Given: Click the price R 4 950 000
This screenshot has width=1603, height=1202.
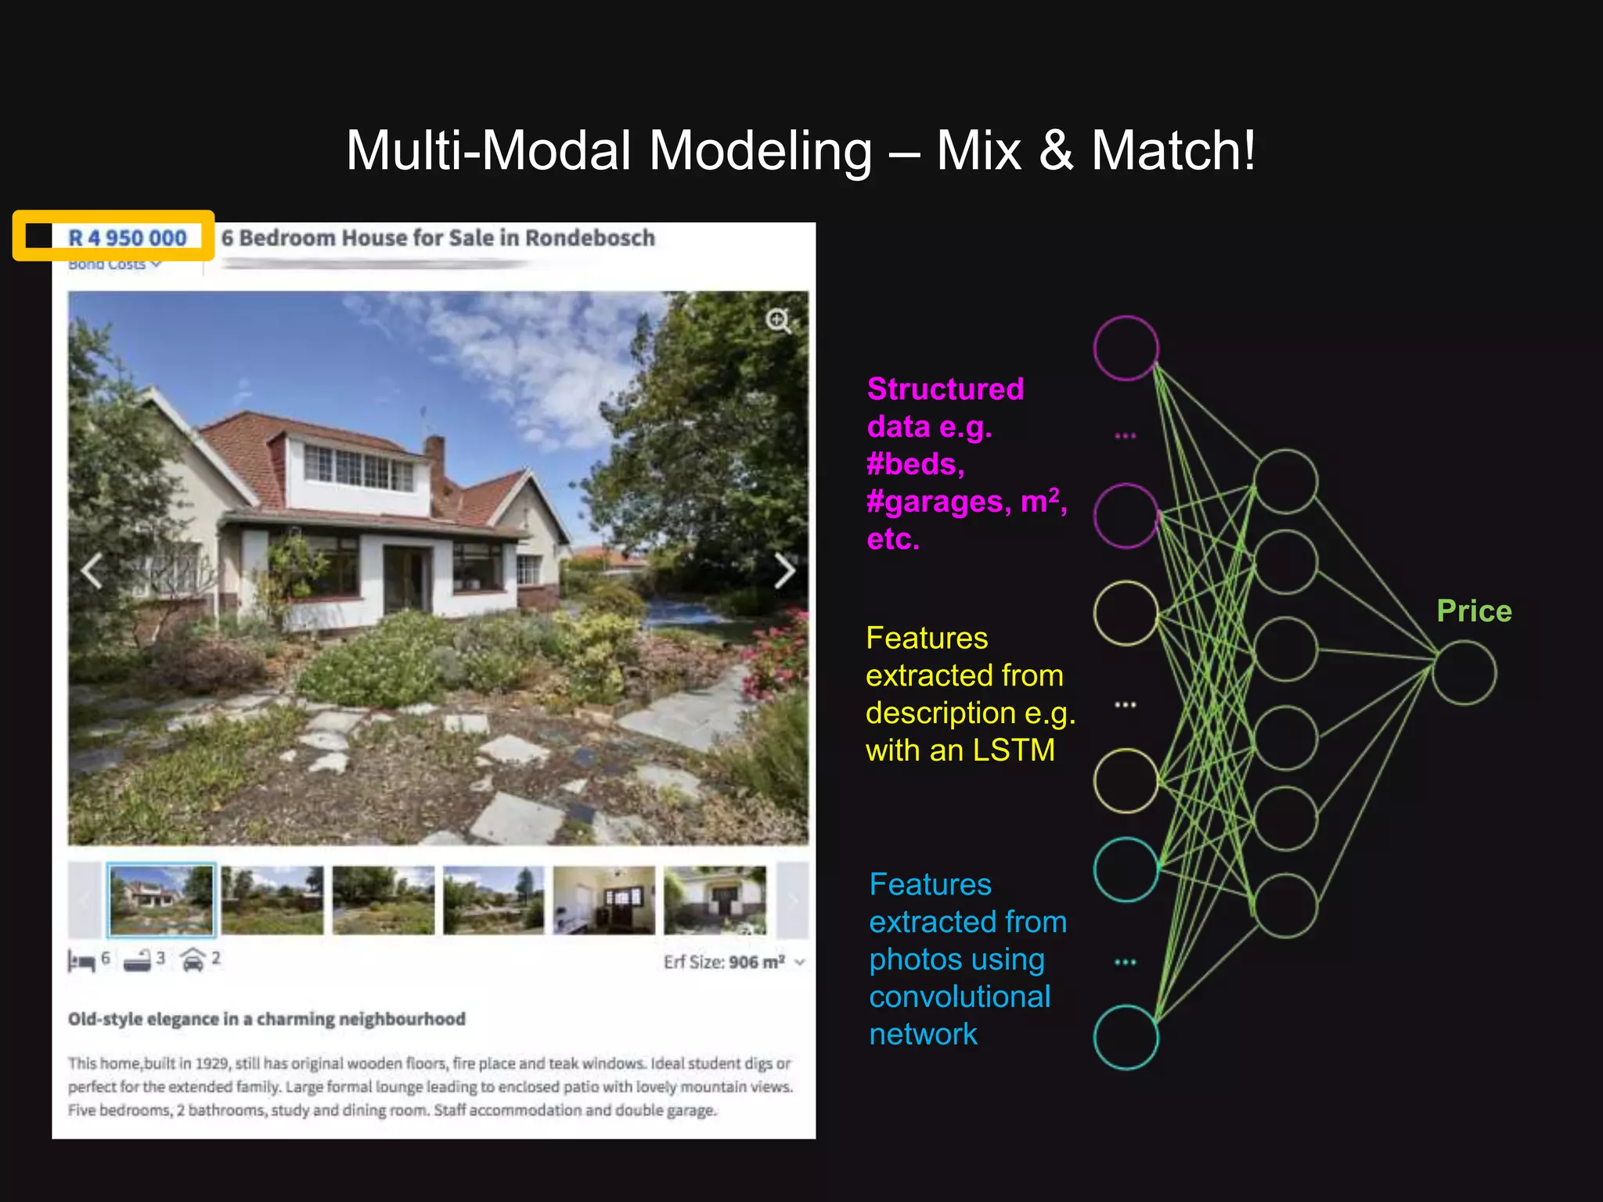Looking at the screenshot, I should [127, 238].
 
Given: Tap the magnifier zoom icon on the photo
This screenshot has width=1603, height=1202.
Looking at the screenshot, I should [778, 320].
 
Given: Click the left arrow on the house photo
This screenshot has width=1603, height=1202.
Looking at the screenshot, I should [92, 570].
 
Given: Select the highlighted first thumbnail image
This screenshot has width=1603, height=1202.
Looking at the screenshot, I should [161, 900].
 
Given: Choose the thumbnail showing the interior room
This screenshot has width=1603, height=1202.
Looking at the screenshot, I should [603, 900].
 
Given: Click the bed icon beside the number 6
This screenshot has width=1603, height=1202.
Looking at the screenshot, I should [81, 960].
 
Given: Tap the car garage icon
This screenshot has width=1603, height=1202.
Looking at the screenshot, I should [193, 959].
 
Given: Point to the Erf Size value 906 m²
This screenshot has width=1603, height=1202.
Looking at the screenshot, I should [756, 962].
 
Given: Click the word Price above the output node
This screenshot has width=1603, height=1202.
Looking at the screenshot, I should [1474, 611].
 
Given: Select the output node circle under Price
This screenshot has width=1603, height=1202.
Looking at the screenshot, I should [1464, 673].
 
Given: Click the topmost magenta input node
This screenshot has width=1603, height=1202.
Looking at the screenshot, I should [1126, 348].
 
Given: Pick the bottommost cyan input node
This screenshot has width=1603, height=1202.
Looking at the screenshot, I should [1126, 1038].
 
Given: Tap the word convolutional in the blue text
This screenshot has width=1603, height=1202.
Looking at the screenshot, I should [960, 997].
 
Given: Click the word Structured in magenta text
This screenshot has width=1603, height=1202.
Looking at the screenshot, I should [946, 389].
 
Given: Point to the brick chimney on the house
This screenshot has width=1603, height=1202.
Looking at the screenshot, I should [434, 458].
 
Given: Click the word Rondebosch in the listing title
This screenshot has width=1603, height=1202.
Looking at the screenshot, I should [589, 238].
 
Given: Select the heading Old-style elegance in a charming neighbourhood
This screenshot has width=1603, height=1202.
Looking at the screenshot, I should [266, 1019].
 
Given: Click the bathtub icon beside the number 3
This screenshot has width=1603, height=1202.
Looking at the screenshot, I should [137, 960].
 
